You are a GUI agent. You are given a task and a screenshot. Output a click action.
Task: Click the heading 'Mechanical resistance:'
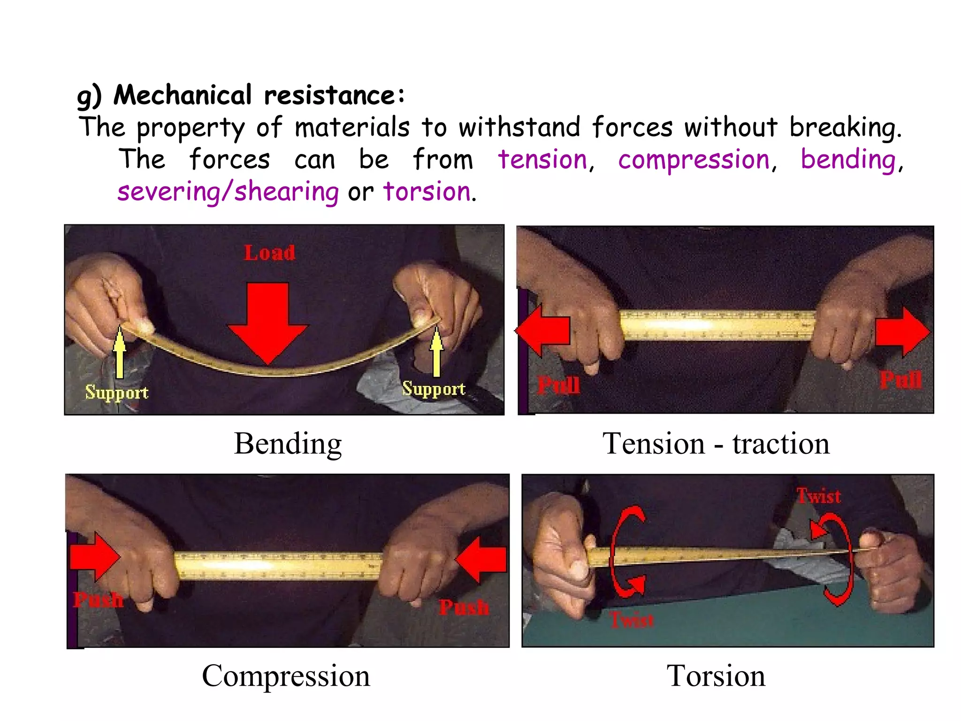(259, 95)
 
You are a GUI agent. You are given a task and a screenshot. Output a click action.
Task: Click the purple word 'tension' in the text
(542, 160)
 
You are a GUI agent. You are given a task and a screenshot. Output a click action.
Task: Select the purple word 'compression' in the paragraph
(694, 160)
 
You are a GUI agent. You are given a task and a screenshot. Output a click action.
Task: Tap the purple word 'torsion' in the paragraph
(427, 192)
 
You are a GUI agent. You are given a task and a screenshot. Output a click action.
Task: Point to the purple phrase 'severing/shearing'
(228, 192)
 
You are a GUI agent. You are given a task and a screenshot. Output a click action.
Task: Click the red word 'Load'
(269, 253)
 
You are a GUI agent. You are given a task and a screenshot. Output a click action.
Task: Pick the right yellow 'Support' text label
(434, 389)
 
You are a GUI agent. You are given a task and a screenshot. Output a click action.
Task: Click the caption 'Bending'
(288, 444)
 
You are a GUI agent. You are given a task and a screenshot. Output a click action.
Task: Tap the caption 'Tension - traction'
(716, 444)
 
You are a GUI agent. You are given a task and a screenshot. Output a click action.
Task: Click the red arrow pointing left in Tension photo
(544, 330)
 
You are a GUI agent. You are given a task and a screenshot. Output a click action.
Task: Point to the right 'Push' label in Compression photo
(464, 607)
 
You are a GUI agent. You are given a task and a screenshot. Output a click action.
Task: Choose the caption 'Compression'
(286, 676)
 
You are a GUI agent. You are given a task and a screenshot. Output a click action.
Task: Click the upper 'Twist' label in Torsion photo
(818, 496)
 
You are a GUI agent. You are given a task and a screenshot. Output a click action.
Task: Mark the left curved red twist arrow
(626, 552)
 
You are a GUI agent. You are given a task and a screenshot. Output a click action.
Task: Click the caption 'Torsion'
(716, 676)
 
